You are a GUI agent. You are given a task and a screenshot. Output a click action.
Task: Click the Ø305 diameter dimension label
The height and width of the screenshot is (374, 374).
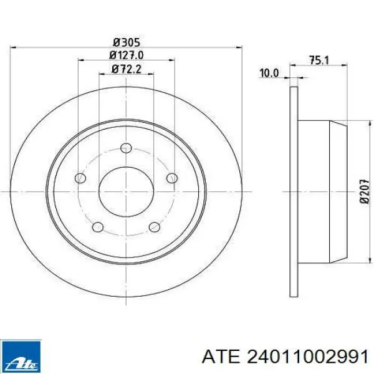click(x=126, y=42)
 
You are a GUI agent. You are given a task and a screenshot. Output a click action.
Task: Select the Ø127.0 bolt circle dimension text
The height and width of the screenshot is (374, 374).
click(x=127, y=55)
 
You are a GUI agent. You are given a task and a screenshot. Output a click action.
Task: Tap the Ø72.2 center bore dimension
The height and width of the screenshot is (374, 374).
click(x=127, y=69)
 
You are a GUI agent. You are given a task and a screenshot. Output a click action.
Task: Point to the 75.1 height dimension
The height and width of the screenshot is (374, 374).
click(x=319, y=60)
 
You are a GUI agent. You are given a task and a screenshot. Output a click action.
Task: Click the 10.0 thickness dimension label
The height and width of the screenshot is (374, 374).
click(x=269, y=73)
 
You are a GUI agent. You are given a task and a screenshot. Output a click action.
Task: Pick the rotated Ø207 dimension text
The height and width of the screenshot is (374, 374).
click(x=364, y=191)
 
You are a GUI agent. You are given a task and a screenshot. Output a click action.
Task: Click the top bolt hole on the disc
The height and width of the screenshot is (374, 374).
click(x=126, y=148)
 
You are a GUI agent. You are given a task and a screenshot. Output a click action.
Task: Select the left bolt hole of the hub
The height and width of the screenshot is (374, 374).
click(x=80, y=178)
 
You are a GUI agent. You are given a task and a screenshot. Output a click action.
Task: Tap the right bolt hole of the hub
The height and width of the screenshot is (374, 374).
click(x=172, y=178)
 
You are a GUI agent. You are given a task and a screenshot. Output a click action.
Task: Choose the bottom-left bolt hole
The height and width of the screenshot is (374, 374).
click(x=98, y=227)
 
